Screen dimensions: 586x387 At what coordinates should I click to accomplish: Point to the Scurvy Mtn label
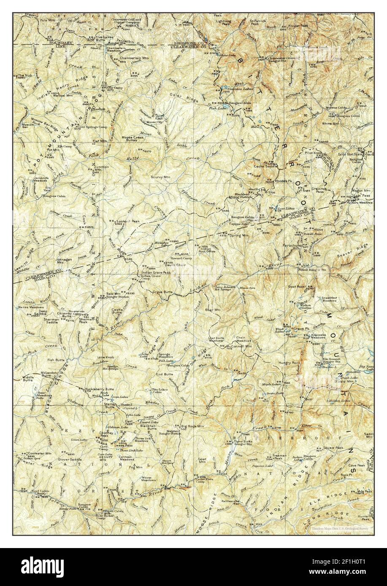tap(160, 177)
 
